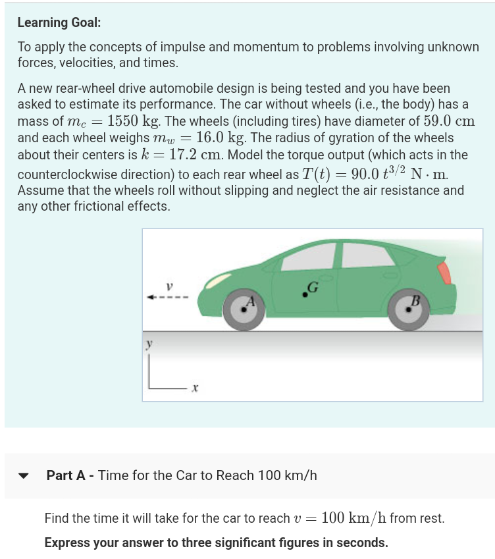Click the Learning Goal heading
pos(59,22)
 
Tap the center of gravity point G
pos(305,294)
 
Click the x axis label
pos(195,390)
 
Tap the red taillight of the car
pos(446,272)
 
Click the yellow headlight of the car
pos(216,282)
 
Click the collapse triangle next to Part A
pos(24,475)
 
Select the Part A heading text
pos(182,475)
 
